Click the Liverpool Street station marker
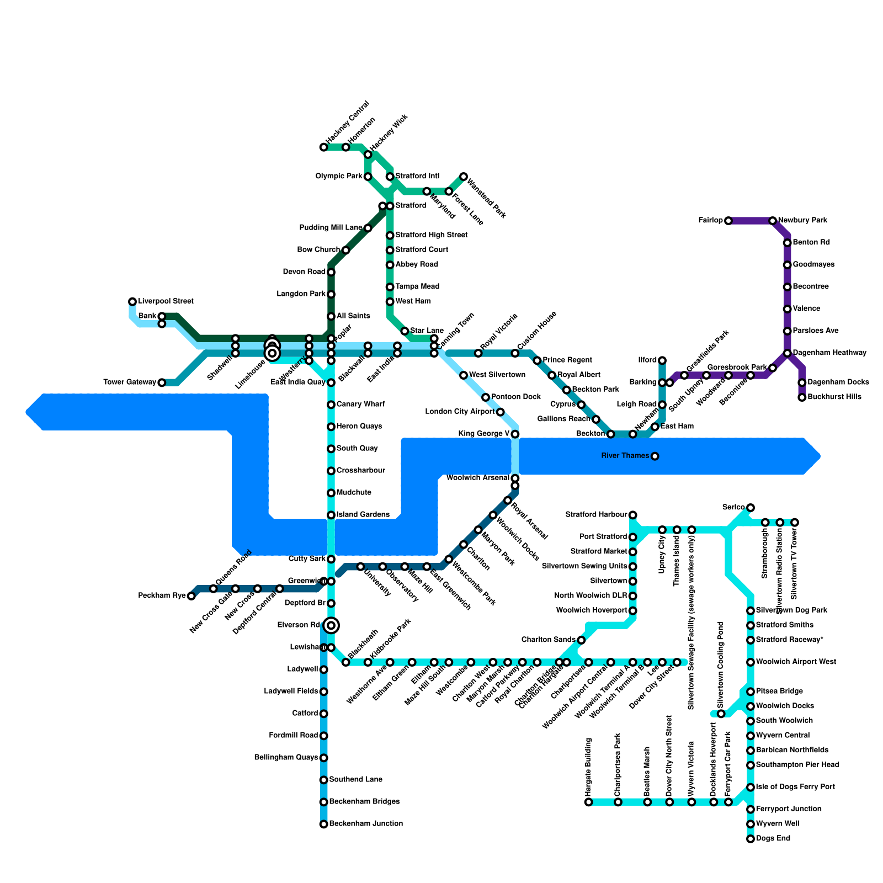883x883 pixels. click(132, 301)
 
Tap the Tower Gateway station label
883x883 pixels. click(130, 382)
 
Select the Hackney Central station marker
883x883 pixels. click(323, 147)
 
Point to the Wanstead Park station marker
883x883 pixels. click(464, 177)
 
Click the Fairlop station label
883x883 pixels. click(710, 221)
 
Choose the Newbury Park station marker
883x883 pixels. click(773, 221)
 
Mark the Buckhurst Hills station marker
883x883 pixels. click(802, 397)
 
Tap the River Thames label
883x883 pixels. click(626, 456)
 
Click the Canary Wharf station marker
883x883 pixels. click(331, 405)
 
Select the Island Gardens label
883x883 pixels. click(363, 515)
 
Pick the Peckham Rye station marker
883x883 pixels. click(191, 596)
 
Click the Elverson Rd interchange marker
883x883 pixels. click(331, 625)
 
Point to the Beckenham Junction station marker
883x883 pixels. click(324, 824)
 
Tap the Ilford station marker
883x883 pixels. click(662, 360)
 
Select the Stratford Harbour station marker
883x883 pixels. click(633, 515)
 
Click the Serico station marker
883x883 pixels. click(751, 508)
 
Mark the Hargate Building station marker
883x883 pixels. click(589, 802)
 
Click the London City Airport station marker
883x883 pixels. click(500, 412)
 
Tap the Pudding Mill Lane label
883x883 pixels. click(331, 228)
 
